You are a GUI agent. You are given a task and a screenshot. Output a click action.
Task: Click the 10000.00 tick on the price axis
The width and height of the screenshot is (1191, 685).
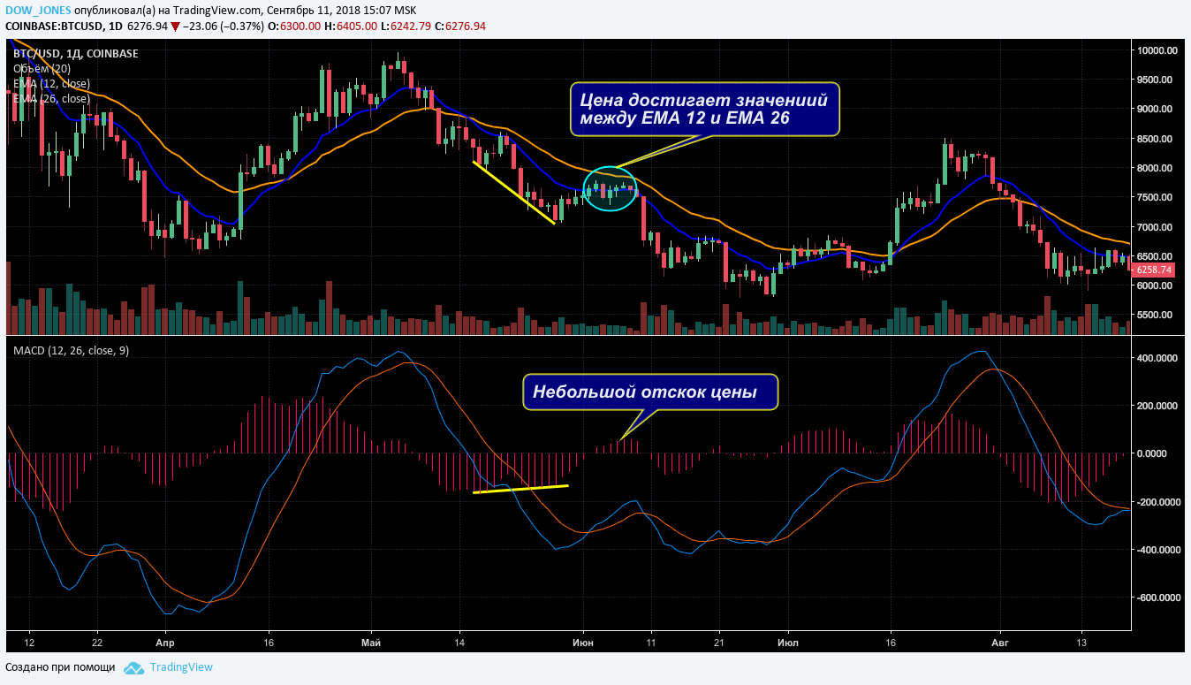click(1157, 50)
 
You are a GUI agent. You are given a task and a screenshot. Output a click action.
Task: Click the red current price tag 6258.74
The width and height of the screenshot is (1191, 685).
click(1153, 270)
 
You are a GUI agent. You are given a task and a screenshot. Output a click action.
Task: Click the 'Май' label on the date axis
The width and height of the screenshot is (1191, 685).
click(372, 643)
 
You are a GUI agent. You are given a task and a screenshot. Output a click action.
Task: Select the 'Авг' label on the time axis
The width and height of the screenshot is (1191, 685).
click(1000, 643)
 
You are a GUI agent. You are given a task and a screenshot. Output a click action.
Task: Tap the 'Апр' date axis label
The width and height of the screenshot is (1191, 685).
click(163, 643)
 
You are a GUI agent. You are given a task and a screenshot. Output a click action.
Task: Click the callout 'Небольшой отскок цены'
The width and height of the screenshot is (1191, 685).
click(650, 392)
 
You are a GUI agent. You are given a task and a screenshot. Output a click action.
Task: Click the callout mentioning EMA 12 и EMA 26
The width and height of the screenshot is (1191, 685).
click(704, 109)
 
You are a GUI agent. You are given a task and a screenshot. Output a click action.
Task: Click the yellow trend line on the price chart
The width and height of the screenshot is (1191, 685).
click(513, 193)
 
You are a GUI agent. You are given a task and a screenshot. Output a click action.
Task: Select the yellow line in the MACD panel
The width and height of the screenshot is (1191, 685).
click(520, 489)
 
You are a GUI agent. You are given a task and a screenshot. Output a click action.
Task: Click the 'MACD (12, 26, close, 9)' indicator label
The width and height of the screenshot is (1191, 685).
click(71, 351)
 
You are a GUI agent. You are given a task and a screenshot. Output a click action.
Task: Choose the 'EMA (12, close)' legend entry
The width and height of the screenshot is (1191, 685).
click(51, 84)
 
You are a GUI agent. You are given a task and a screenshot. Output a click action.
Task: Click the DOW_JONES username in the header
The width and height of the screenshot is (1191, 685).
click(37, 10)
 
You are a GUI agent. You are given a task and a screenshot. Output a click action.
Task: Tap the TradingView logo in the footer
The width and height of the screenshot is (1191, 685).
click(169, 667)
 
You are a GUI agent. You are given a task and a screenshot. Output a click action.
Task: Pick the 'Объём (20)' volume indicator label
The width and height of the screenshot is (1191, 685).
click(42, 69)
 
